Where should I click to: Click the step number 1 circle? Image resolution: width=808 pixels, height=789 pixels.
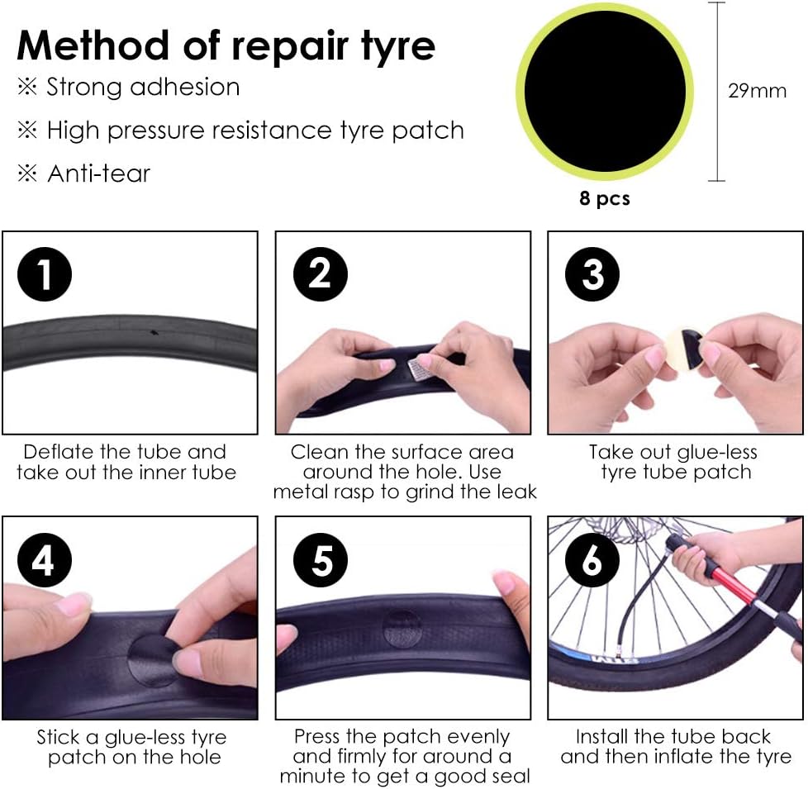tap(45, 273)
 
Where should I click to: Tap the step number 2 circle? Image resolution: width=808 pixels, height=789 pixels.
tap(320, 273)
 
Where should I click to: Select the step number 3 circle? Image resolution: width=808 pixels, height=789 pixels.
tap(592, 273)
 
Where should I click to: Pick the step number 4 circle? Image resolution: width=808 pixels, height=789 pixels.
tap(45, 559)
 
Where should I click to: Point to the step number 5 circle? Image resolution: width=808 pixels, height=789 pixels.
tap(320, 559)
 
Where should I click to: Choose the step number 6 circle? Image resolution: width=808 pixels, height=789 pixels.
tap(592, 559)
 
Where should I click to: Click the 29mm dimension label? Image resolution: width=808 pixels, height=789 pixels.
tap(757, 91)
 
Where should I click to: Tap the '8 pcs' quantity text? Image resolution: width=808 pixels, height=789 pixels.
tap(605, 198)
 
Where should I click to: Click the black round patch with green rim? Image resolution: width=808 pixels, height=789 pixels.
tap(605, 92)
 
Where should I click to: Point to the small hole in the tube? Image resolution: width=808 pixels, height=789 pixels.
tap(154, 332)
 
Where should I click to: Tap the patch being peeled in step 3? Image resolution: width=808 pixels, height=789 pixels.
tap(684, 349)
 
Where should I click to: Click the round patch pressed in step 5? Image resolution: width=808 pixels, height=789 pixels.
tap(402, 629)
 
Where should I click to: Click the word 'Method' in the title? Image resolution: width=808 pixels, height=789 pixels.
tap(93, 45)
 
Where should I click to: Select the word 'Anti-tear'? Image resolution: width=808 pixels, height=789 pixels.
tap(98, 173)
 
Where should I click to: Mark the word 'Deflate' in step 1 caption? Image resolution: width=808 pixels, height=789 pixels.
tap(58, 452)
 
